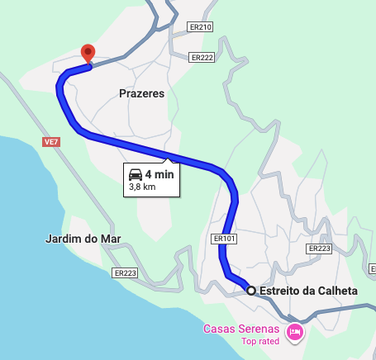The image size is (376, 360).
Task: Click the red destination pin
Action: tap(88, 54)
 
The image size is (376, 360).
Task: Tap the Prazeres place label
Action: tap(141, 94)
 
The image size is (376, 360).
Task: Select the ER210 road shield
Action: tap(201, 27)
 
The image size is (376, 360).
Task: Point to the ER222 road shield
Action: tap(202, 57)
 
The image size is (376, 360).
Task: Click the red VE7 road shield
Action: tap(51, 142)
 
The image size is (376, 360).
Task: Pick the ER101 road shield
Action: tap(224, 239)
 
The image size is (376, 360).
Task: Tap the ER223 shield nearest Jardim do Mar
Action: tap(125, 272)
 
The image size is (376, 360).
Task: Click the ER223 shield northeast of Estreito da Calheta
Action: tap(318, 249)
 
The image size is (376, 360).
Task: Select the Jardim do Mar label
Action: tap(83, 239)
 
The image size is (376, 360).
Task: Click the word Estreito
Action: tap(280, 291)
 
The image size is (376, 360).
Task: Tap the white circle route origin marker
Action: tap(250, 291)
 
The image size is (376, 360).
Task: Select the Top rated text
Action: tap(261, 341)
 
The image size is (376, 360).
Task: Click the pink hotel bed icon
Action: tap(294, 332)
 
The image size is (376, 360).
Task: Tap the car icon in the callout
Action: tap(135, 174)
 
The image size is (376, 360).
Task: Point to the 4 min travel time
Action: tap(159, 174)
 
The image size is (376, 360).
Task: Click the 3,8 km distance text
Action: tap(142, 187)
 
